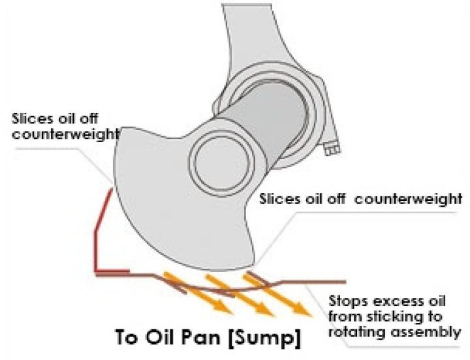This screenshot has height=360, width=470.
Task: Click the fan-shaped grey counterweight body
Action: click(163, 209)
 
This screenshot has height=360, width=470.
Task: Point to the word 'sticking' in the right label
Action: click(418, 317)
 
